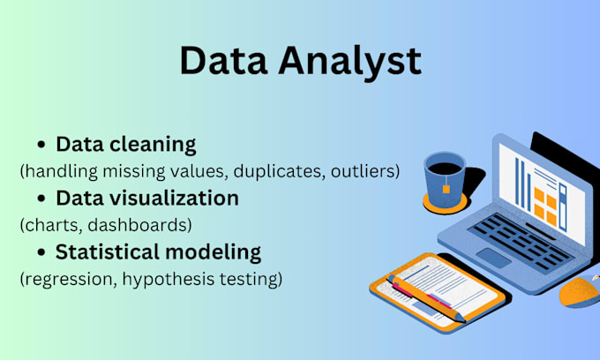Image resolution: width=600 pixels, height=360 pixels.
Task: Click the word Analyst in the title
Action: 350,61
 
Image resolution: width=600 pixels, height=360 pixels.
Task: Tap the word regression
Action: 64,279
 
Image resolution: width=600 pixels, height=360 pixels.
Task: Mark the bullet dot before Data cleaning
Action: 41,145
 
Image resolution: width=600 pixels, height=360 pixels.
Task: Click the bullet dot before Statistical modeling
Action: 41,252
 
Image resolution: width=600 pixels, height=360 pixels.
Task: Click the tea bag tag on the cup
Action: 447,187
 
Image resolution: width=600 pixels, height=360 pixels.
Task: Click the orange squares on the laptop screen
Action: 549,208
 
